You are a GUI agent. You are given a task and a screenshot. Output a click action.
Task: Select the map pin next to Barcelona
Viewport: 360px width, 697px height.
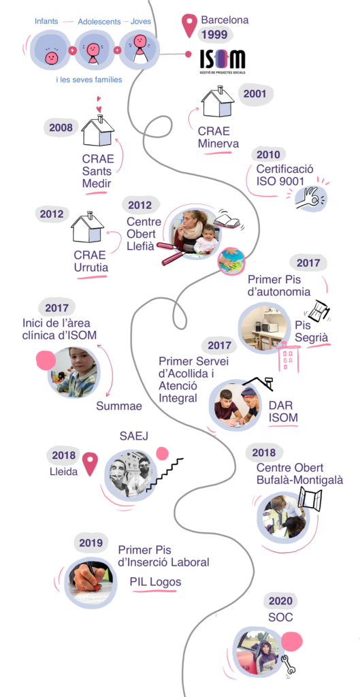190,25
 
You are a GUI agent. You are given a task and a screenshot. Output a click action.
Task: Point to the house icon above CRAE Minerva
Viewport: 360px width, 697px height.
217,102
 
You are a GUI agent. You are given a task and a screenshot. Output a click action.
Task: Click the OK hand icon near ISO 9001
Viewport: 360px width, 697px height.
312,197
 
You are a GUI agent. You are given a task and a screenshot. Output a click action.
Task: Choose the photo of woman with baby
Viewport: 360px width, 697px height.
195,231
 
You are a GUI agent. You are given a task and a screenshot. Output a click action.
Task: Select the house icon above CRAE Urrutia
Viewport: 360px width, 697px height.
88,227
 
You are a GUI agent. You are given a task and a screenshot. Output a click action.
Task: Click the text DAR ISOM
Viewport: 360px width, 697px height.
283,411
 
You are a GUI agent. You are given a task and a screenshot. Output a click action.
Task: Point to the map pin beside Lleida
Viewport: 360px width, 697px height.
90,464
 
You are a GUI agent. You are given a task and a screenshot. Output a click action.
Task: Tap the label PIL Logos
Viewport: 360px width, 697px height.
156,582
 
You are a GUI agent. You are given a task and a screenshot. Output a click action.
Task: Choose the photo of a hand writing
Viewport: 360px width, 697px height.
88,582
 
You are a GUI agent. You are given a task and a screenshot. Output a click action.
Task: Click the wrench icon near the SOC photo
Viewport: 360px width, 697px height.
289,664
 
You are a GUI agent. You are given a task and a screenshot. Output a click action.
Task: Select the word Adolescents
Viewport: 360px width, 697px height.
99,21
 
